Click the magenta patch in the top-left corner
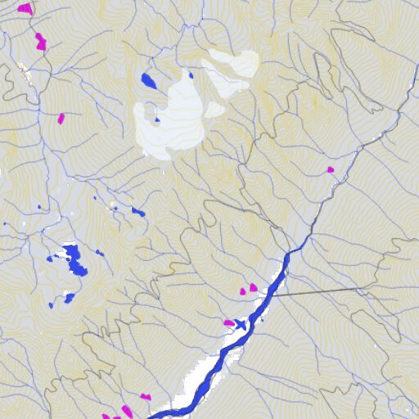click(x=25, y=8)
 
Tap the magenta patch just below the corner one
click(x=41, y=40)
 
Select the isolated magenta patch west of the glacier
click(x=61, y=118)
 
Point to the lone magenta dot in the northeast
click(x=331, y=170)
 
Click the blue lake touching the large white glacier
click(x=149, y=80)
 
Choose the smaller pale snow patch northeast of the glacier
click(x=232, y=65)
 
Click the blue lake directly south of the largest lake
click(x=70, y=296)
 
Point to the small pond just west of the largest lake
click(x=51, y=259)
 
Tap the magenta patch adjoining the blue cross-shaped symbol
click(x=228, y=322)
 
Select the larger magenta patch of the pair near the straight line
click(x=253, y=287)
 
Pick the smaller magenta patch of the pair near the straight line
click(x=243, y=291)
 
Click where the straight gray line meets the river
click(x=276, y=294)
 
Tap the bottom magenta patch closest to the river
click(x=146, y=397)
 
